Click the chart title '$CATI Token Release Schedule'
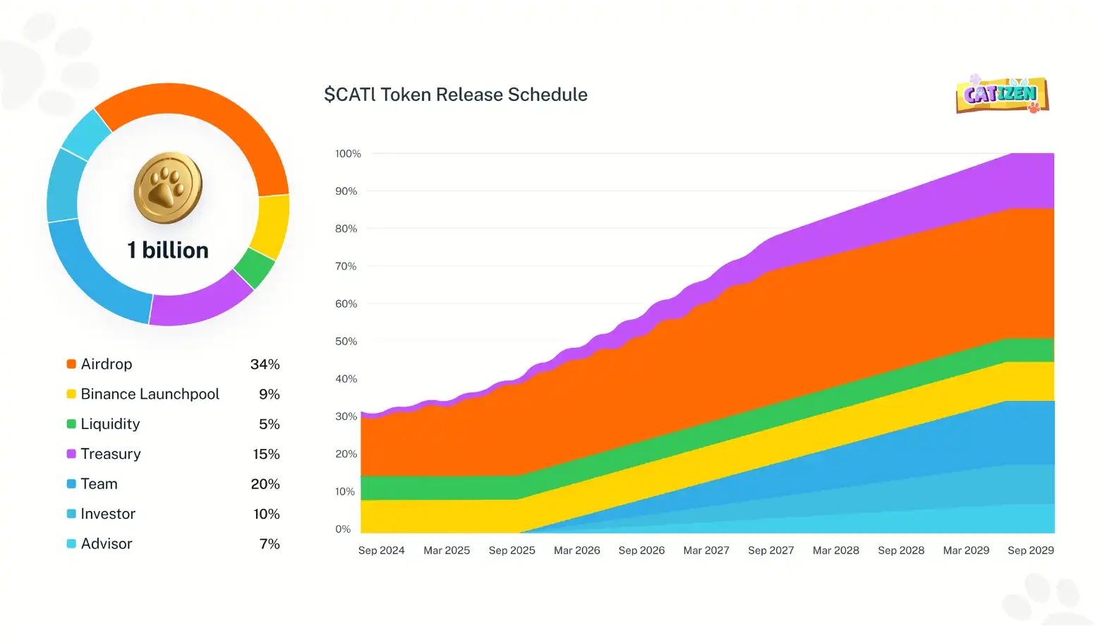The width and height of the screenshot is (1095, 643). pyautogui.click(x=456, y=95)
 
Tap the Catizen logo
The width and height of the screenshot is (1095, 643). pyautogui.click(x=1002, y=95)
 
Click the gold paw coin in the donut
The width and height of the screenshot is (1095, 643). pyautogui.click(x=168, y=187)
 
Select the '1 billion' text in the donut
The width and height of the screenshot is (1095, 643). pyautogui.click(x=168, y=251)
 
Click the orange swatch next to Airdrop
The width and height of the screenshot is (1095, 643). pyautogui.click(x=71, y=363)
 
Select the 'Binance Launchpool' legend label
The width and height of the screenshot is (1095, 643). pyautogui.click(x=150, y=394)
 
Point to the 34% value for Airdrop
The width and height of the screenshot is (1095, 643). pyautogui.click(x=265, y=364)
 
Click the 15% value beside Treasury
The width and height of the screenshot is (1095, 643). pyautogui.click(x=267, y=455)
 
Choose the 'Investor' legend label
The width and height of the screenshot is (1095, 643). pyautogui.click(x=108, y=514)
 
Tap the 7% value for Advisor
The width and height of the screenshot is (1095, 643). pyautogui.click(x=270, y=543)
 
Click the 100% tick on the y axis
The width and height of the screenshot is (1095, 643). pyautogui.click(x=348, y=154)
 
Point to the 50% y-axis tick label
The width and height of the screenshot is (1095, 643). pyautogui.click(x=346, y=342)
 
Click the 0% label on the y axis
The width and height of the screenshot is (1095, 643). pyautogui.click(x=343, y=529)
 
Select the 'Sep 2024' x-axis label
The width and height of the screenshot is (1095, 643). pyautogui.click(x=381, y=551)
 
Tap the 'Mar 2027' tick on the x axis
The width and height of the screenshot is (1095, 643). pyautogui.click(x=706, y=551)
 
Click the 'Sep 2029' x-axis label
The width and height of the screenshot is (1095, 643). pyautogui.click(x=1031, y=551)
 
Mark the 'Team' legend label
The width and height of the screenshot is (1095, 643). pyautogui.click(x=99, y=484)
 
